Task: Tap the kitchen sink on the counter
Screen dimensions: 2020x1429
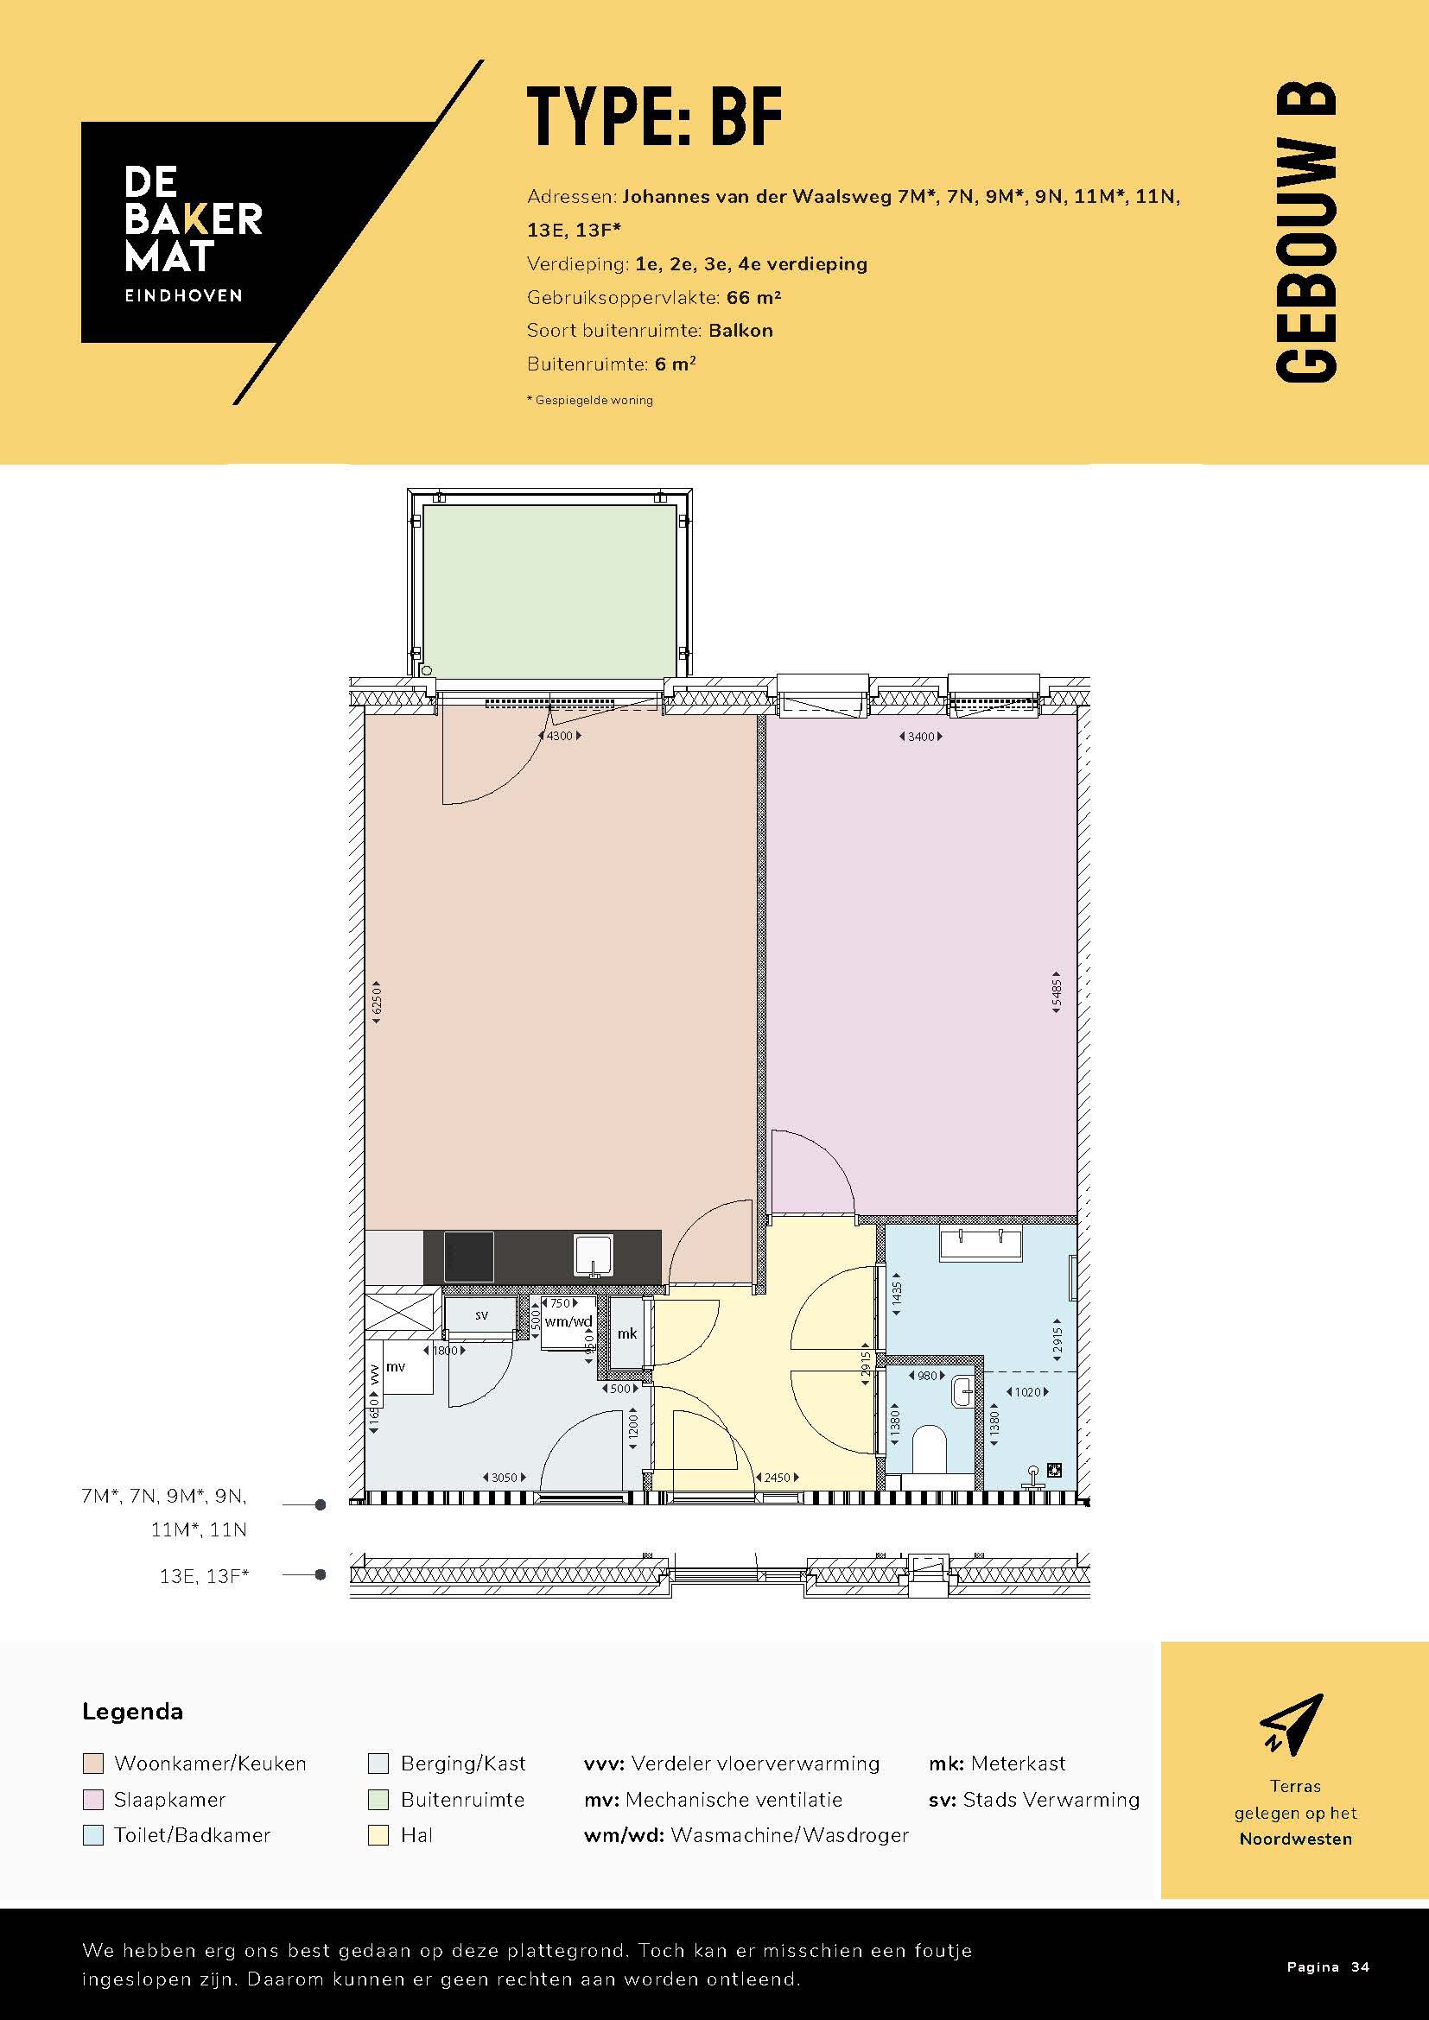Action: point(593,1256)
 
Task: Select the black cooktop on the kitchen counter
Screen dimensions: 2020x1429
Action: point(468,1257)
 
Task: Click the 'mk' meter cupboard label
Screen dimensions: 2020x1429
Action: point(626,1333)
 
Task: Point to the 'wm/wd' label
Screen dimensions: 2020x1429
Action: point(568,1321)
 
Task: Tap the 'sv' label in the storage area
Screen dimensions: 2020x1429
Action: point(481,1315)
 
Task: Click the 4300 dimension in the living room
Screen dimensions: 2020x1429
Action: point(560,736)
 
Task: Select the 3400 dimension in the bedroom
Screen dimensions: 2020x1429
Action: point(920,737)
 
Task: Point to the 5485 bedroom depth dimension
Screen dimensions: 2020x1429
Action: point(1056,992)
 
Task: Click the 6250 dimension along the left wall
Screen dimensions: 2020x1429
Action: point(377,998)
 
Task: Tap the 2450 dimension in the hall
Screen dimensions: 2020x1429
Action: point(777,1477)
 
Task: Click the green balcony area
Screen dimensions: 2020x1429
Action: point(549,592)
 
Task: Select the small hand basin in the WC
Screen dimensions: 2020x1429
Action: point(963,1391)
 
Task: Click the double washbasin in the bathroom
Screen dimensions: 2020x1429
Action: point(981,1244)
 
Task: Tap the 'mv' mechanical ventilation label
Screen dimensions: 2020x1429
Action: point(396,1366)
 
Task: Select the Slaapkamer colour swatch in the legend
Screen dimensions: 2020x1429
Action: point(93,1799)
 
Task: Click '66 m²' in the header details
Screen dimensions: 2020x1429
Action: point(754,297)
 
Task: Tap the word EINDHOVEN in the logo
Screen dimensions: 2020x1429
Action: point(183,295)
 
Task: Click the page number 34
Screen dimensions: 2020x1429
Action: point(1360,1966)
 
